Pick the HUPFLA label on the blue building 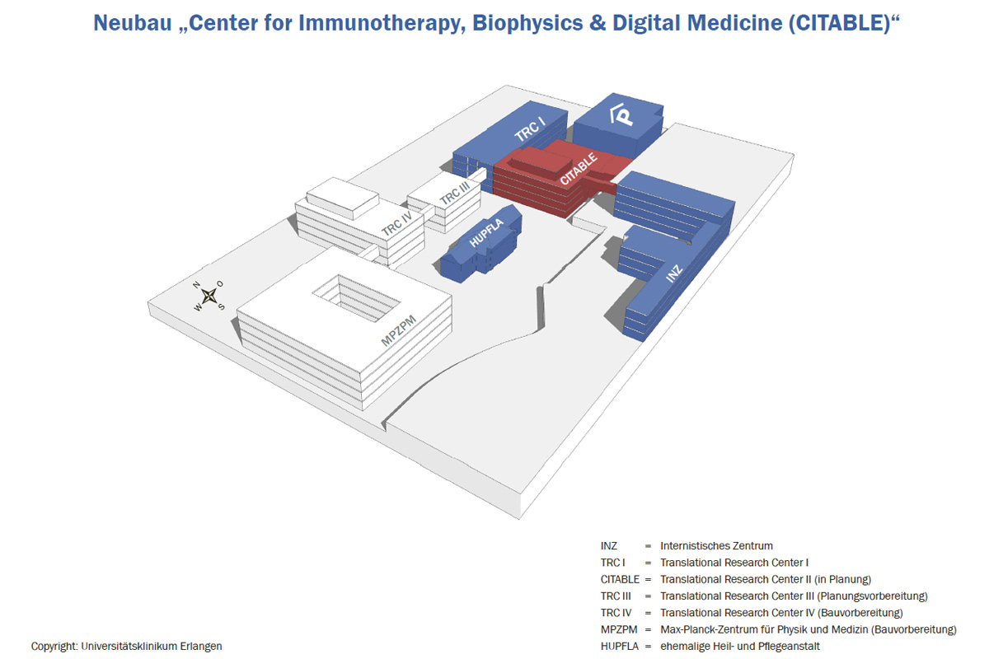click(486, 234)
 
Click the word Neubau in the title click(132, 23)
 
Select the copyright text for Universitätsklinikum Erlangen click(126, 647)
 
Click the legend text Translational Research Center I click(734, 563)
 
